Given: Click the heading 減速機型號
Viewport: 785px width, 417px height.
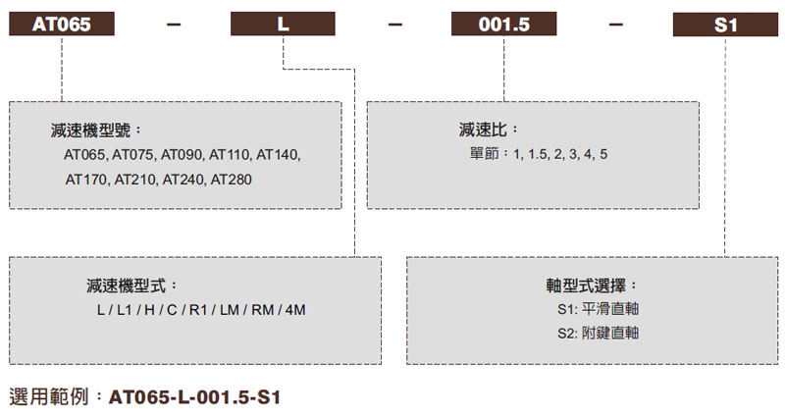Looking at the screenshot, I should [x=96, y=131].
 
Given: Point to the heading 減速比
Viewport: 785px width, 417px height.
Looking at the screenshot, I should [x=488, y=130].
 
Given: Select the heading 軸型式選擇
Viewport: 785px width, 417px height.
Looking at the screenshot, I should [x=592, y=286].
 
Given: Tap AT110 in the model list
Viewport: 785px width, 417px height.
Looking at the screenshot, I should [x=230, y=155].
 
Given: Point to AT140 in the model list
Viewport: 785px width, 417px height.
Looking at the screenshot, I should [x=279, y=155].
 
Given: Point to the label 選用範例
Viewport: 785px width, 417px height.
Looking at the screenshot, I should [x=55, y=397].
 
